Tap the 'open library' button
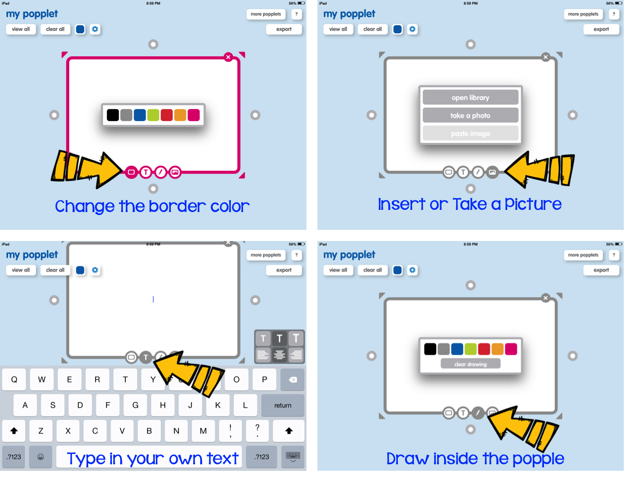470,97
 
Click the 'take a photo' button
470,116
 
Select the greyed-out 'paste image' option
470,134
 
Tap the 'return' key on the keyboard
282,405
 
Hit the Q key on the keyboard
14,379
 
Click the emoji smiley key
41,457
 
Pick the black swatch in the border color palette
113,115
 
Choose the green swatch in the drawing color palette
470,349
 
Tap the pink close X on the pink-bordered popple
228,57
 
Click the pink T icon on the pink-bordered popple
146,172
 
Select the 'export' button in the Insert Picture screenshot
601,29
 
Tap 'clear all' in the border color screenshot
55,29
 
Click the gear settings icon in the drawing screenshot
413,270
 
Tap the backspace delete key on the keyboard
293,379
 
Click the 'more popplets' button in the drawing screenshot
583,255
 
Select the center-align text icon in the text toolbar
279,355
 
